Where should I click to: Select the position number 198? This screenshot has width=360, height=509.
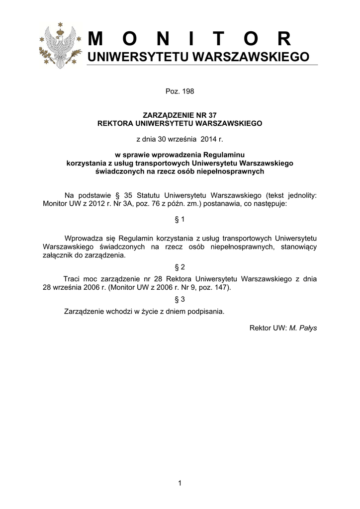[187, 91]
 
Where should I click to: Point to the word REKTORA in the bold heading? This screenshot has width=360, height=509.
[113, 122]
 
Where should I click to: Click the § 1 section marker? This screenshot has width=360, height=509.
[180, 219]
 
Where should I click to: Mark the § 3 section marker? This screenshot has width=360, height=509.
[180, 299]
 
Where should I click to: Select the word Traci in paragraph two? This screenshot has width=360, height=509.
[72, 279]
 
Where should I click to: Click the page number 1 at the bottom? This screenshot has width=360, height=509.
[180, 482]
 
